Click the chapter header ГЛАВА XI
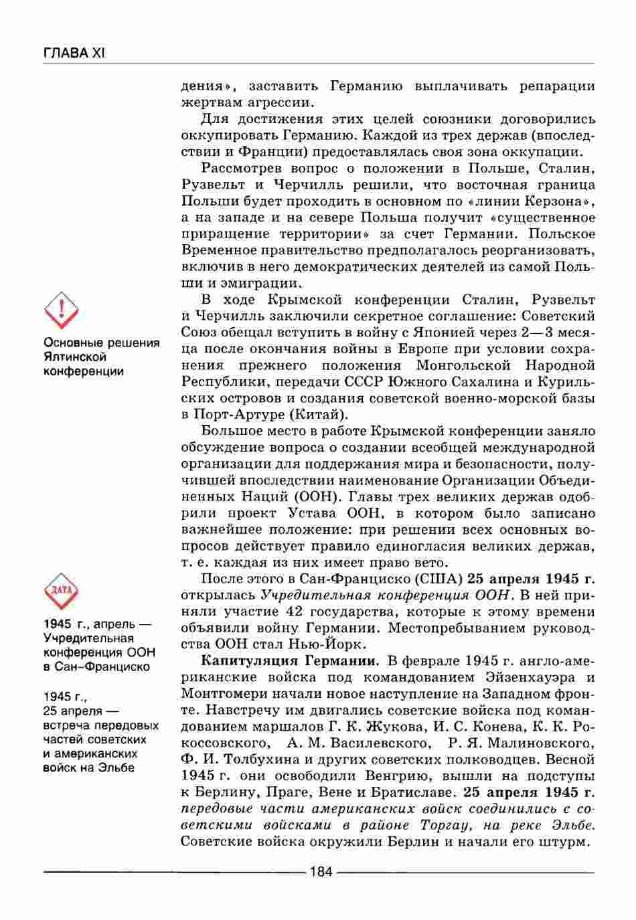pyautogui.click(x=74, y=52)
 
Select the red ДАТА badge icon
pyautogui.click(x=61, y=591)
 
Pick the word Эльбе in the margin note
pyautogui.click(x=117, y=768)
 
